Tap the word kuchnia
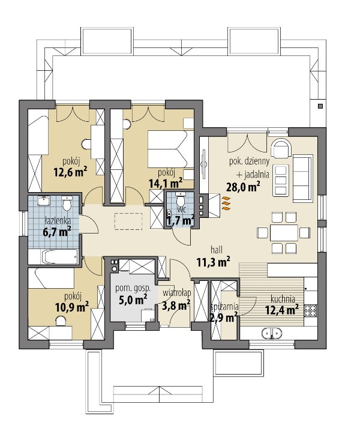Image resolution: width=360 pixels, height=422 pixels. (283, 299)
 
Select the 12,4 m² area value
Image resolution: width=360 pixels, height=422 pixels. (282, 310)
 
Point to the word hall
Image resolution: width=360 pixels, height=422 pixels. (217, 250)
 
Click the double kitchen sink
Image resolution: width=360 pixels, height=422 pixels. (272, 333)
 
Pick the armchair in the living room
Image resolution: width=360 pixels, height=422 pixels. (281, 148)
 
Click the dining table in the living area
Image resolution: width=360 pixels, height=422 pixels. (284, 232)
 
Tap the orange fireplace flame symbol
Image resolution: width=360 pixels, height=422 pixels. (226, 203)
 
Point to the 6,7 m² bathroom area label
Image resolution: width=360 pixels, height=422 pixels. (57, 231)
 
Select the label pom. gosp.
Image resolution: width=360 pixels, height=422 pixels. (133, 289)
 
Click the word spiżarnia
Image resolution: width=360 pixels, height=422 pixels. (224, 307)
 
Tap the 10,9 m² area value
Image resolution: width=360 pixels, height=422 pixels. (72, 307)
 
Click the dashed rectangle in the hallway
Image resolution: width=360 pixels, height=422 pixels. (128, 222)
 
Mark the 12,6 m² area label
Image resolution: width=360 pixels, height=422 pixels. (70, 172)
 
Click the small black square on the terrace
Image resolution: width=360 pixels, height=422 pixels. (320, 106)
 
